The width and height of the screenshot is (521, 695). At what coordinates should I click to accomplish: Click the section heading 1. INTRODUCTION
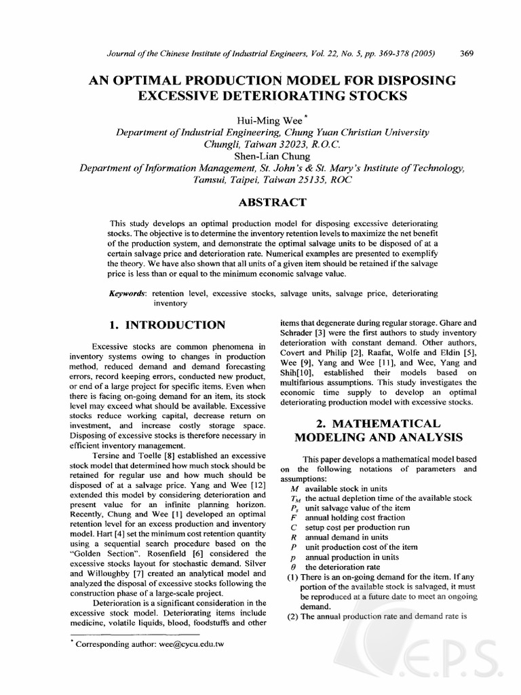pos(168,325)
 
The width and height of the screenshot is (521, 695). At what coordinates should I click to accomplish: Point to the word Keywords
pos(128,293)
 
